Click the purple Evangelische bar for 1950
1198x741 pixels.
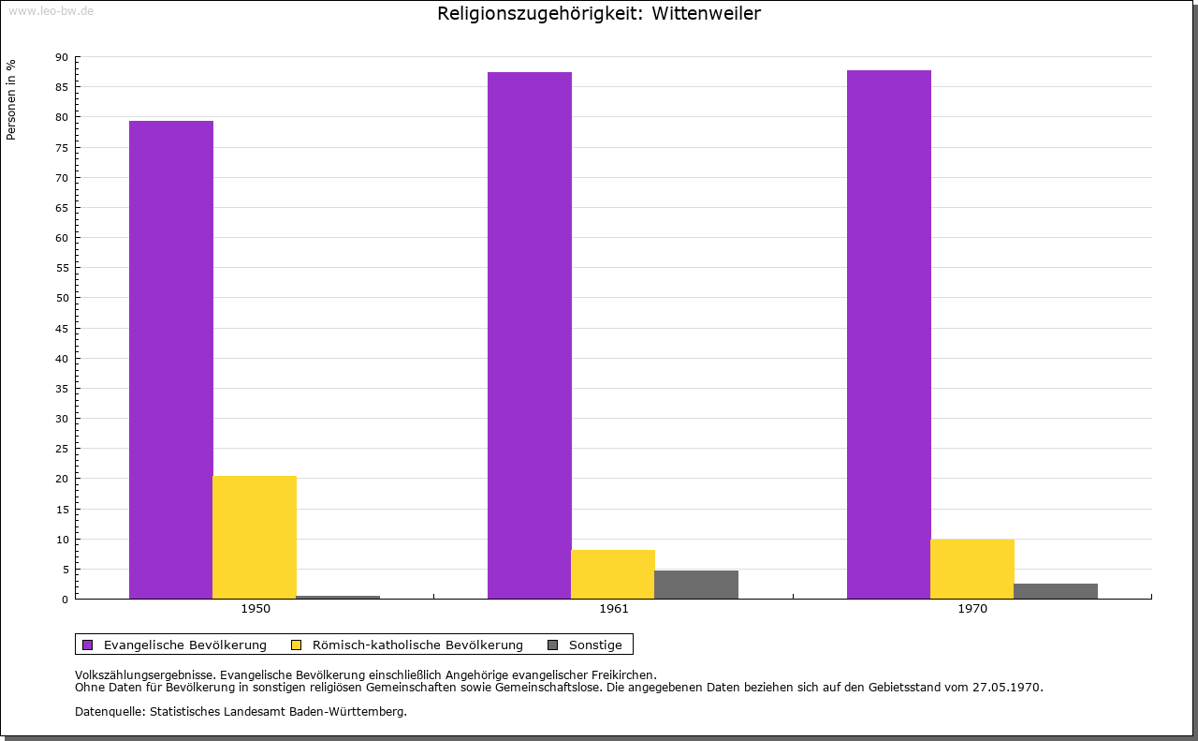tap(171, 360)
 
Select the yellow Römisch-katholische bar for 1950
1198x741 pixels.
tap(255, 537)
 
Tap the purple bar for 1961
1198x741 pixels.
tap(530, 335)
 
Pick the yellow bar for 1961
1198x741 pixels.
tap(613, 574)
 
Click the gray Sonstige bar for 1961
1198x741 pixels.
tap(696, 585)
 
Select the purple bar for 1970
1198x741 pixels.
tap(889, 334)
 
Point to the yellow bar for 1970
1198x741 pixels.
tap(972, 569)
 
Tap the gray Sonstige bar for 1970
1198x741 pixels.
tap(1056, 591)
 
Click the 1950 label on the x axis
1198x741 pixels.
tap(256, 609)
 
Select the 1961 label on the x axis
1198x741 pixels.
tap(614, 609)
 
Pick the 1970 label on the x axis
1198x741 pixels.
tap(972, 609)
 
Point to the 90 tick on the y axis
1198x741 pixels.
tap(62, 57)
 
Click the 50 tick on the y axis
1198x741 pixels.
tap(62, 298)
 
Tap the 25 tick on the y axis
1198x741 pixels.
tap(62, 449)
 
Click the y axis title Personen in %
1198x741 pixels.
tap(11, 99)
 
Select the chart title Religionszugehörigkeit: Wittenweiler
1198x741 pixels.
tap(599, 14)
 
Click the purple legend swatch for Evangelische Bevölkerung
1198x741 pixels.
tap(88, 645)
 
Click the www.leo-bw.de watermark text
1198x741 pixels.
tap(51, 9)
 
